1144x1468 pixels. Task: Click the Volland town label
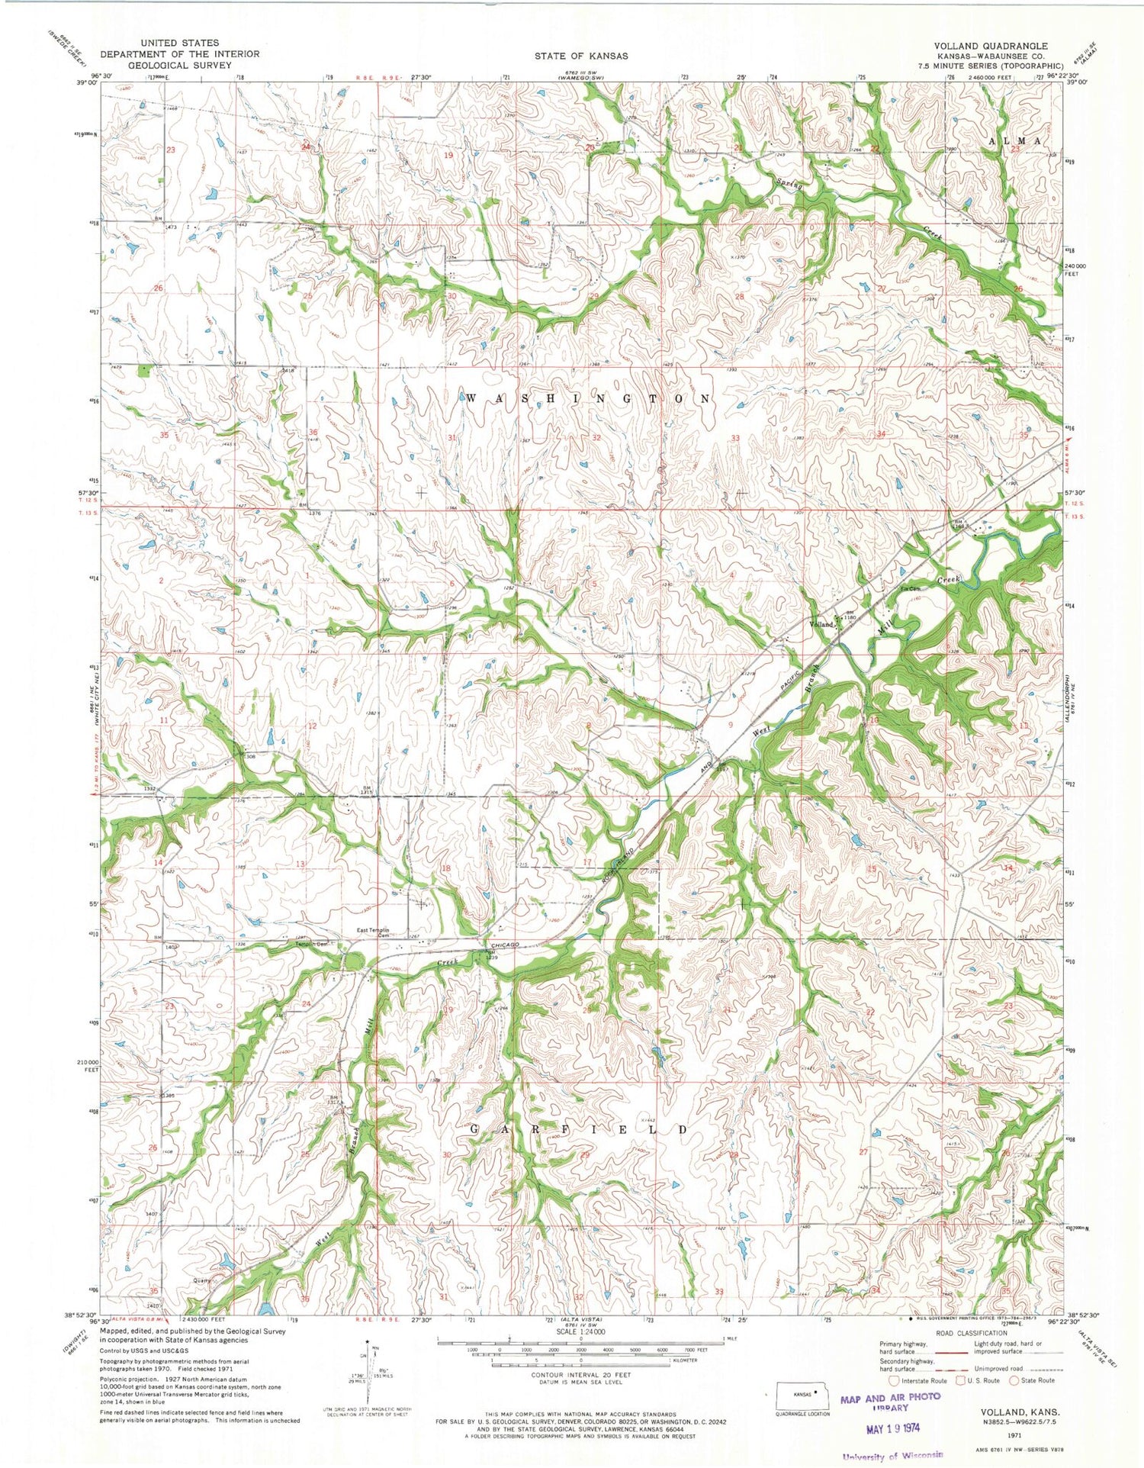pyautogui.click(x=821, y=624)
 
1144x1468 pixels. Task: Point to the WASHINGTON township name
pyautogui.click(x=587, y=399)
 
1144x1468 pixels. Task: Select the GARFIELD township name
pyautogui.click(x=577, y=1129)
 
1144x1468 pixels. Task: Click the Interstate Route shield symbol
pyautogui.click(x=894, y=1379)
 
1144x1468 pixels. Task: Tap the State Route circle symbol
pyautogui.click(x=1015, y=1379)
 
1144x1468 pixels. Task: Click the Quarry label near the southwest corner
pyautogui.click(x=201, y=1281)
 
